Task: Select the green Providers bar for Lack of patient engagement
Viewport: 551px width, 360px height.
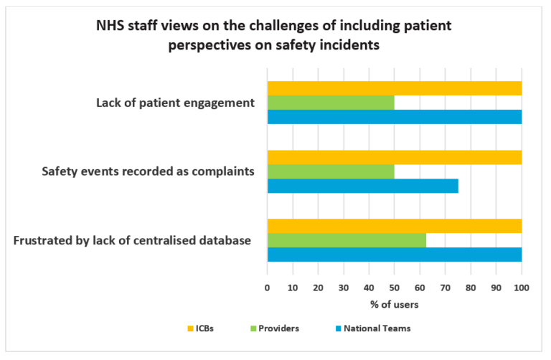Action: click(331, 103)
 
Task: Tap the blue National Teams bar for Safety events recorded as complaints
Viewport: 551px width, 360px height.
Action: click(362, 186)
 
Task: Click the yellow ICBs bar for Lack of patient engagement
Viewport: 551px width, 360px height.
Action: click(394, 88)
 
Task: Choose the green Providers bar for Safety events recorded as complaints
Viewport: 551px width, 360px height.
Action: click(331, 172)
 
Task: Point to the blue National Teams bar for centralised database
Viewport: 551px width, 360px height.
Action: click(394, 254)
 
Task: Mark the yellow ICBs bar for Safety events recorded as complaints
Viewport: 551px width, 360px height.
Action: click(394, 158)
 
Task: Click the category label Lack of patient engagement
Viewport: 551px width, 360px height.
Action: click(175, 103)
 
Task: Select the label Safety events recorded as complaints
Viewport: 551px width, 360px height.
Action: click(147, 172)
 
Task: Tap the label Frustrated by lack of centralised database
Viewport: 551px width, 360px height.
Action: click(132, 240)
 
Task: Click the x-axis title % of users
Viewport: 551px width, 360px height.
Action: click(394, 303)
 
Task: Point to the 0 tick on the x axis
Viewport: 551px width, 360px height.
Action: click(268, 288)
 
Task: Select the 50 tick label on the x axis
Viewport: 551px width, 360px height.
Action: click(394, 288)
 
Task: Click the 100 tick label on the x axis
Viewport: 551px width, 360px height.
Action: click(521, 288)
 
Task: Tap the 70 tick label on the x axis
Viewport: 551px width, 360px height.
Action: click(445, 288)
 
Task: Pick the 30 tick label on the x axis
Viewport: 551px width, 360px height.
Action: click(344, 288)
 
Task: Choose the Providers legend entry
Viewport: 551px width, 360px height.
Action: click(272, 328)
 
